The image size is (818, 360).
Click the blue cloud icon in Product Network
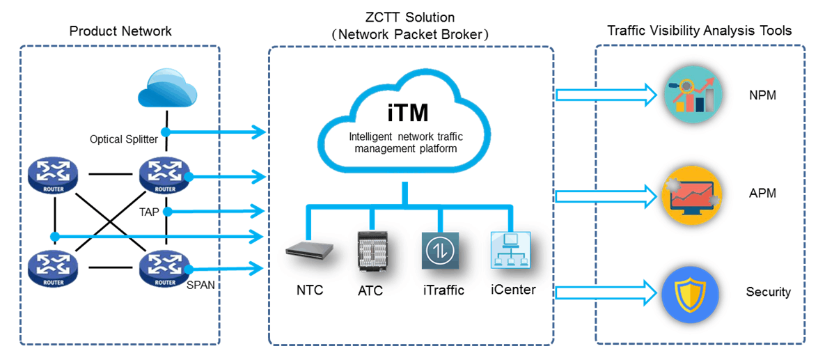(x=165, y=89)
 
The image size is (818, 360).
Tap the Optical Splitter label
(x=124, y=139)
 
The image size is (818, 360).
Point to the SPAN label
(x=200, y=285)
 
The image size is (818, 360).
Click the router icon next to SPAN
(x=166, y=269)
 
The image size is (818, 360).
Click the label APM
(x=762, y=193)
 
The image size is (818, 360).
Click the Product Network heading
(x=120, y=31)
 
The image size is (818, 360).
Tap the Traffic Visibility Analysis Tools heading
(x=699, y=31)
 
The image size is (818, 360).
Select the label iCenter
(x=513, y=289)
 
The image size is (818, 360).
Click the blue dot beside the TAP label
(x=166, y=211)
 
